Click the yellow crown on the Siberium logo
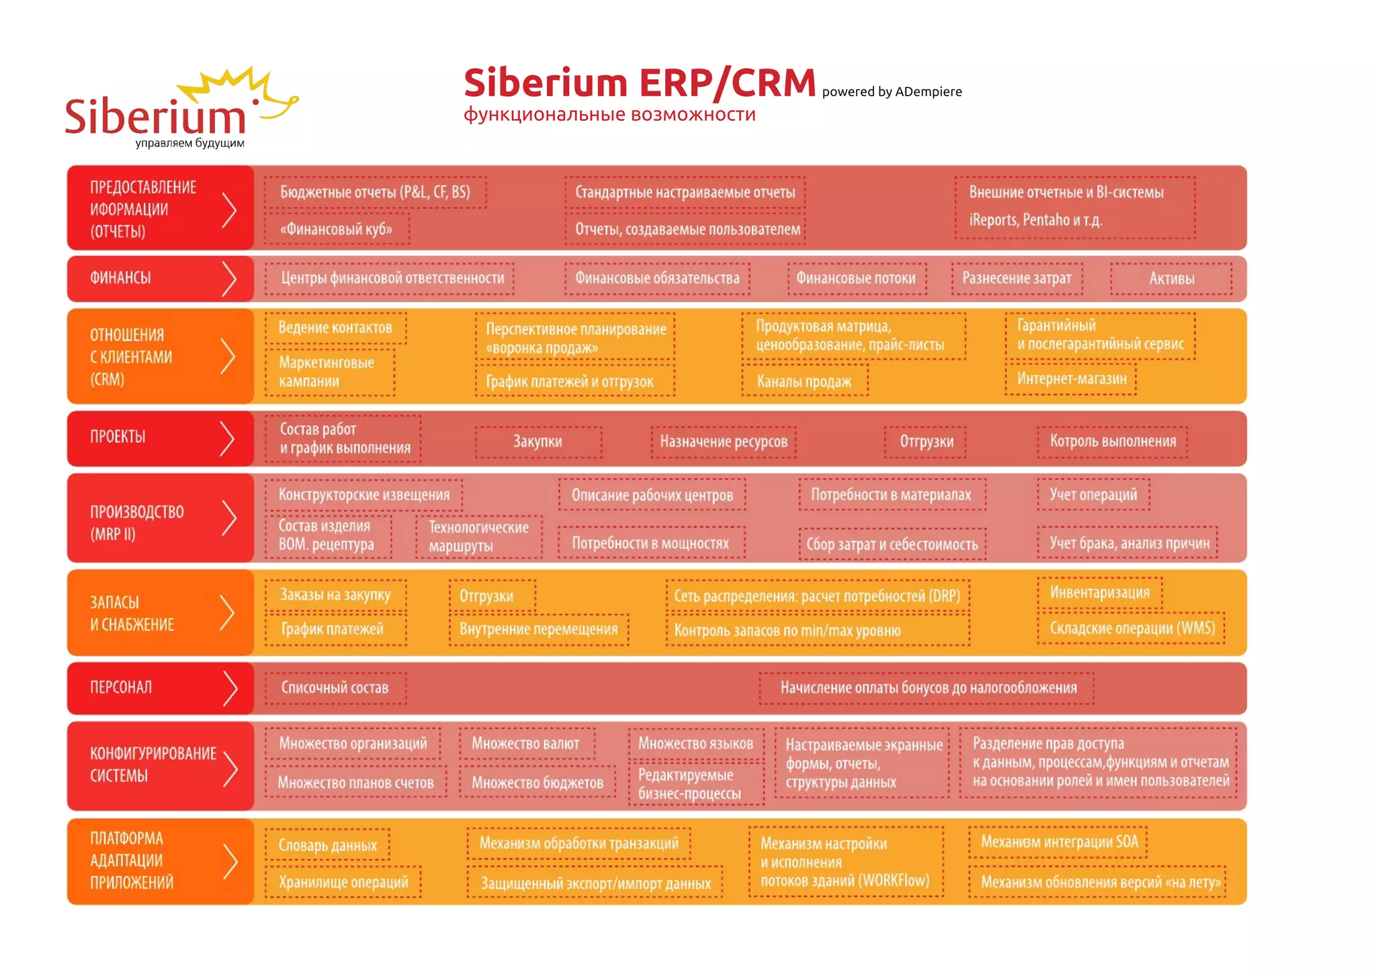pos(228,84)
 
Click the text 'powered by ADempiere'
pos(892,92)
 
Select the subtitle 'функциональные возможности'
pos(609,115)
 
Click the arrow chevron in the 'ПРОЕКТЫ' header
pos(228,439)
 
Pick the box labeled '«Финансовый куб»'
pos(337,229)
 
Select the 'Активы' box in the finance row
pos(1171,279)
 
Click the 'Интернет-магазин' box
pos(1071,379)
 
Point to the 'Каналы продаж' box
pos(804,382)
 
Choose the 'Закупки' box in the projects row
pos(537,441)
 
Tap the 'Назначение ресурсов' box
pos(724,441)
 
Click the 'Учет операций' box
pos(1093,495)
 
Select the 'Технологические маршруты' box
pos(478,536)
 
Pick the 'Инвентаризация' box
pos(1099,593)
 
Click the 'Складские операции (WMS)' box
pos(1131,628)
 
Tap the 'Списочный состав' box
pos(335,688)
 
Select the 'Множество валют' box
pos(525,744)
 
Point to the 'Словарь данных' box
pos(328,845)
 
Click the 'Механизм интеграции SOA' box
pos(1059,842)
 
